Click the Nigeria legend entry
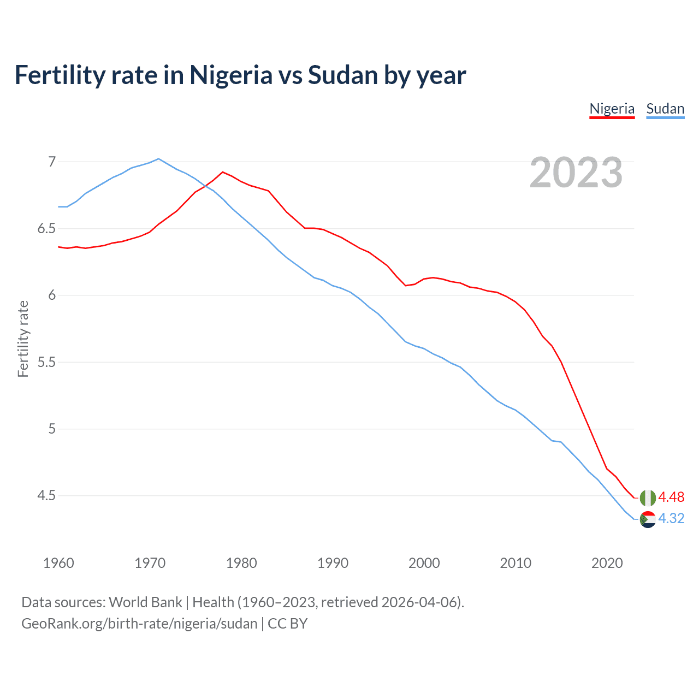coord(612,109)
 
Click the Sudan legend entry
coord(665,109)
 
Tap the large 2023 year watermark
coord(576,173)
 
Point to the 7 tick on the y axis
coord(52,162)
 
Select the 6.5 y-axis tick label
coord(46,228)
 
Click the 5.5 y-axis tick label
coord(46,362)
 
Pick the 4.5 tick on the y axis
coord(46,496)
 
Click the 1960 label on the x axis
coord(58,563)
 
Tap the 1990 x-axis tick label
coord(333,563)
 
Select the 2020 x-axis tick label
coord(607,563)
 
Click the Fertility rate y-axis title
coord(23,339)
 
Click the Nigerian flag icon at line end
coord(648,497)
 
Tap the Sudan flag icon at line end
coord(648,519)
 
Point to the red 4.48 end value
coord(671,497)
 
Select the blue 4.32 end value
coord(671,518)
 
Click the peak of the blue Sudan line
coord(158,159)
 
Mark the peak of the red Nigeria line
coord(222,172)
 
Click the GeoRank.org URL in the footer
coord(139,624)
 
